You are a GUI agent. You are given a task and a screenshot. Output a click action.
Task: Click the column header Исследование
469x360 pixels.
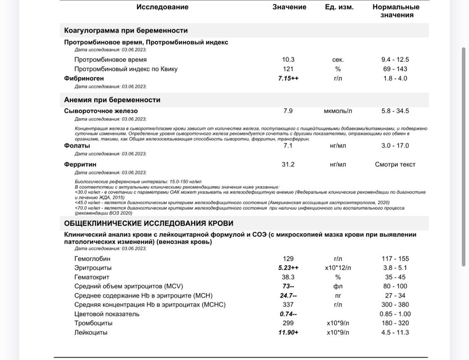[162, 7]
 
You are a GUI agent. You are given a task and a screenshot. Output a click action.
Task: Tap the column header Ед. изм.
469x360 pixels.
[339, 7]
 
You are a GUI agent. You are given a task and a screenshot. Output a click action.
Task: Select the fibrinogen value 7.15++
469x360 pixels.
[288, 78]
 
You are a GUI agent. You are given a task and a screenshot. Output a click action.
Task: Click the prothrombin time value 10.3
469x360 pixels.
[288, 60]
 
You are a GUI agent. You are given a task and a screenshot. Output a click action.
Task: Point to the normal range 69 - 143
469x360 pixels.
[395, 69]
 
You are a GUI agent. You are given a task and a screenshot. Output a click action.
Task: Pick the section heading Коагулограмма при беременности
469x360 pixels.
[126, 30]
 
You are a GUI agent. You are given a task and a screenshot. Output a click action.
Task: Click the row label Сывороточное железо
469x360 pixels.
[101, 111]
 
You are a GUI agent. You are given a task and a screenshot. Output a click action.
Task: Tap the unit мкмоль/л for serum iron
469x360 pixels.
[338, 111]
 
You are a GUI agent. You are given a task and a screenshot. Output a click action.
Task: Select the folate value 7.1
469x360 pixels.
[288, 146]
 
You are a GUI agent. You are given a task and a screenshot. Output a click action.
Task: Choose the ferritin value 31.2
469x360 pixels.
[288, 165]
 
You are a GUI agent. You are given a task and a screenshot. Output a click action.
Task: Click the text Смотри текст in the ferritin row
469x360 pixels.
[395, 165]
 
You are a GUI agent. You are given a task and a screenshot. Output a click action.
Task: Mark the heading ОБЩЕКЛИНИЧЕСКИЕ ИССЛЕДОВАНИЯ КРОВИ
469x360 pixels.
[149, 224]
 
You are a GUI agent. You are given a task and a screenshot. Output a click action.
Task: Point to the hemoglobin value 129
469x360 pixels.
[288, 259]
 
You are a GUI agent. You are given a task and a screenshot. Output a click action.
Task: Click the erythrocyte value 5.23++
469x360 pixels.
[288, 268]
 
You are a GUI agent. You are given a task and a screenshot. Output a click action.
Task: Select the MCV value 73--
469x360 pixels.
[288, 286]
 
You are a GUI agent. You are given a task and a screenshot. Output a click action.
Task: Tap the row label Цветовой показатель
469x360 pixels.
[107, 314]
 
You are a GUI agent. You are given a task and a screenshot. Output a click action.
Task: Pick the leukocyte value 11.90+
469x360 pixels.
[288, 332]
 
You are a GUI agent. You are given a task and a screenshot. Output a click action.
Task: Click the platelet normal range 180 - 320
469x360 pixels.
[395, 323]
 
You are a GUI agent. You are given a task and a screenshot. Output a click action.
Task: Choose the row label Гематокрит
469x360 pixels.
[92, 277]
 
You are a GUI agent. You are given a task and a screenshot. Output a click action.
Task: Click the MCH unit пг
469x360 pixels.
[338, 296]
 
